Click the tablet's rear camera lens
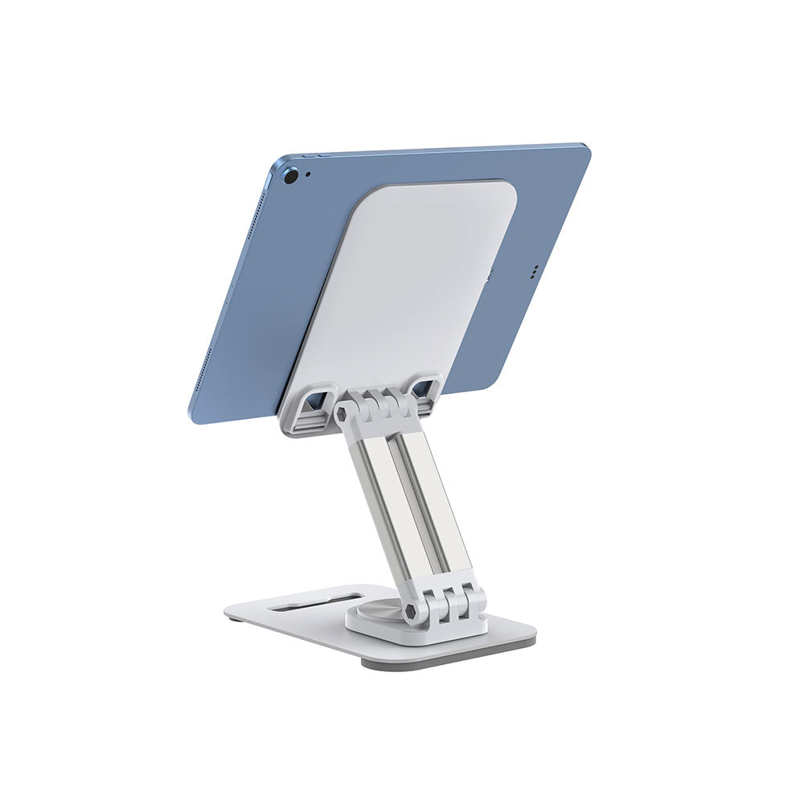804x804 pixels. coord(291,175)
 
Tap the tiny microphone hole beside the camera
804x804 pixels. coord(308,174)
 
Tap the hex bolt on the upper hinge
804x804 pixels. coord(342,414)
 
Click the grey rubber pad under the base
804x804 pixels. coord(450,655)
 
